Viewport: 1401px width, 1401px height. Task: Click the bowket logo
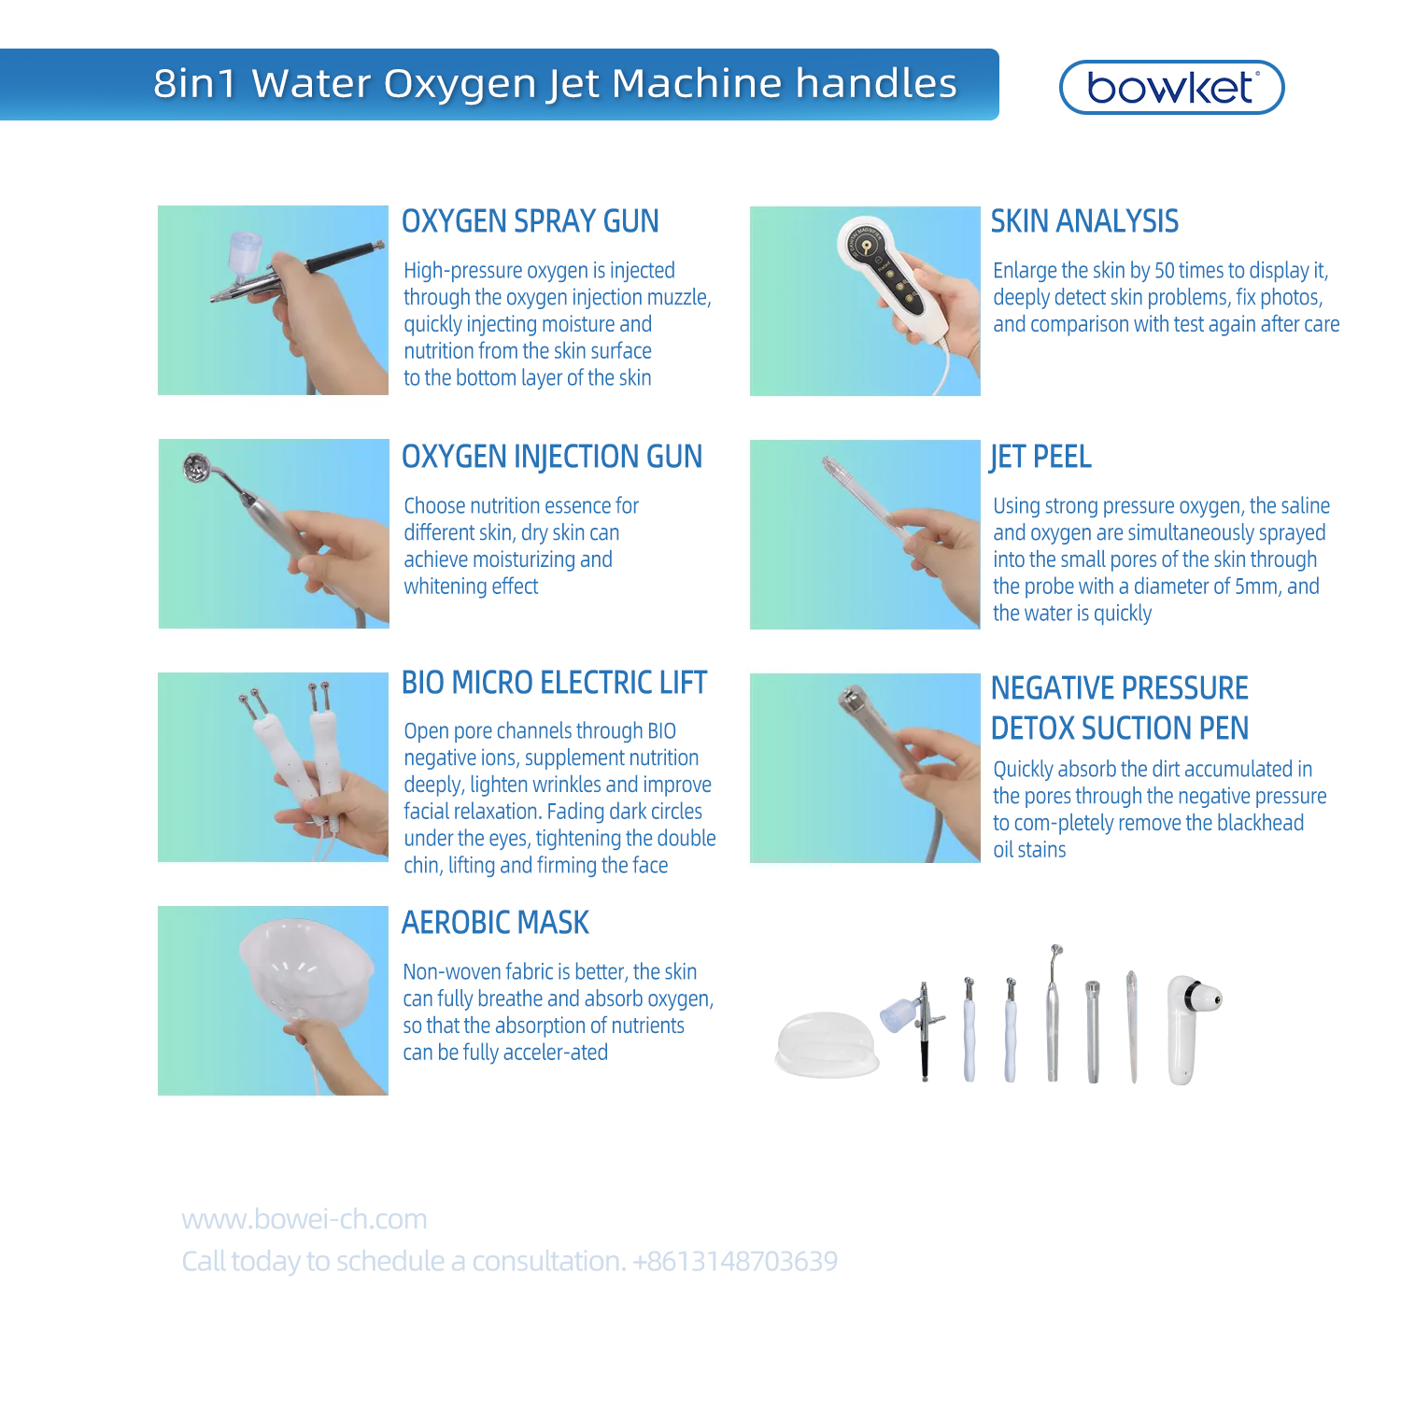pyautogui.click(x=1171, y=88)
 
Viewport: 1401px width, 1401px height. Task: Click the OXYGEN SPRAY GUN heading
pyautogui.click(x=530, y=221)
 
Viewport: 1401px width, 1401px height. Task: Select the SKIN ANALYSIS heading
pyautogui.click(x=1084, y=221)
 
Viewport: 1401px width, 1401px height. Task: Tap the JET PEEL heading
pyautogui.click(x=1040, y=457)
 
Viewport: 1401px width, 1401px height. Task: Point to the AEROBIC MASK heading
pyautogui.click(x=495, y=923)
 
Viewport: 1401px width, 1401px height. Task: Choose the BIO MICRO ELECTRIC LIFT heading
pyautogui.click(x=554, y=683)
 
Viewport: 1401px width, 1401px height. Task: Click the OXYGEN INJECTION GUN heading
pyautogui.click(x=551, y=457)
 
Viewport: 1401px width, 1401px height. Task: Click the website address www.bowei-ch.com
pyautogui.click(x=304, y=1219)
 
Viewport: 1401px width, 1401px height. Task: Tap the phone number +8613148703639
pyautogui.click(x=735, y=1261)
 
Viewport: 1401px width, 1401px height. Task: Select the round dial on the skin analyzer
pyautogui.click(x=866, y=245)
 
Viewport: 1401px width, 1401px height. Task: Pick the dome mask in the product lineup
pyautogui.click(x=827, y=1043)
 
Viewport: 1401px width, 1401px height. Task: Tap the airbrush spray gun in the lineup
pyautogui.click(x=920, y=1027)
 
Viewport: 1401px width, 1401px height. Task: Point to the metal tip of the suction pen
pyautogui.click(x=851, y=697)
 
